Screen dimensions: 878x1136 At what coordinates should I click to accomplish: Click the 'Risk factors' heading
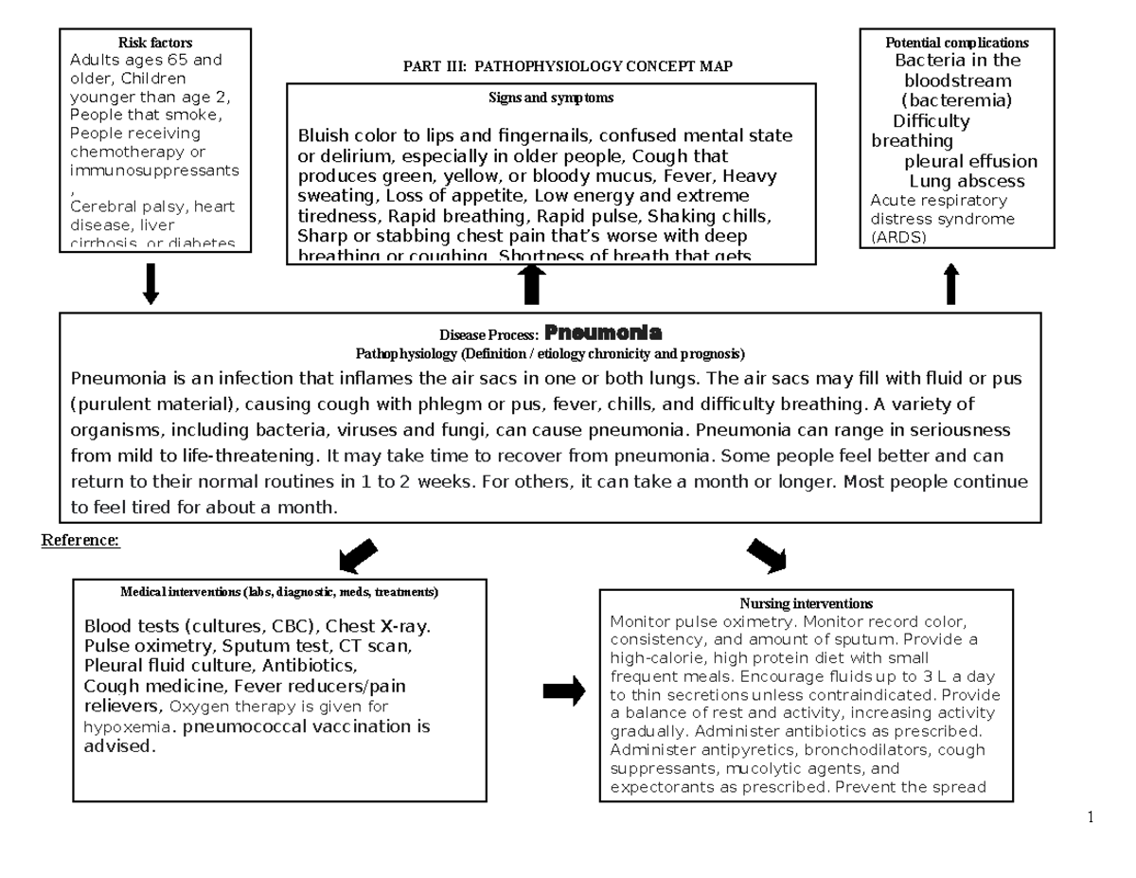click(154, 43)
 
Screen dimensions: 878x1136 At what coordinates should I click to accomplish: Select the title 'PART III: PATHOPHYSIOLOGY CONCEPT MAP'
click(567, 65)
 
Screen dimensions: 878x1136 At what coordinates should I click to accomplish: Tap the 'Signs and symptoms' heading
click(551, 98)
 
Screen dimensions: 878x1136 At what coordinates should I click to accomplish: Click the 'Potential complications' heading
click(956, 43)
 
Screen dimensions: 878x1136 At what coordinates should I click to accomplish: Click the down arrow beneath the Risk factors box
click(151, 284)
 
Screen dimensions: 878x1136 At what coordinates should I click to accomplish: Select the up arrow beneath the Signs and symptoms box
click(533, 284)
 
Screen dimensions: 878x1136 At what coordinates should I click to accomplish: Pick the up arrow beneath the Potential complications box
click(951, 284)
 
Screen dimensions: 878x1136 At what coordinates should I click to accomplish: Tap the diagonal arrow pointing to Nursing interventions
click(766, 556)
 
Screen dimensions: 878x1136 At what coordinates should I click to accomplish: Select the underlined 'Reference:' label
click(80, 541)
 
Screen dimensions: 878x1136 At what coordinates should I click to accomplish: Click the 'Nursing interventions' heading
click(806, 603)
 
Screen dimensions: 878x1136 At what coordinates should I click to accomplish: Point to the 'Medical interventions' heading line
click(279, 592)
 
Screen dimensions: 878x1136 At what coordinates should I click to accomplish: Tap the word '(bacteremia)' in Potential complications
click(956, 100)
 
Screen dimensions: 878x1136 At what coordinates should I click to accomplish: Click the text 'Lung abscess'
click(967, 181)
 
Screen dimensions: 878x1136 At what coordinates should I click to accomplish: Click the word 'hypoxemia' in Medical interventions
click(128, 726)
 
